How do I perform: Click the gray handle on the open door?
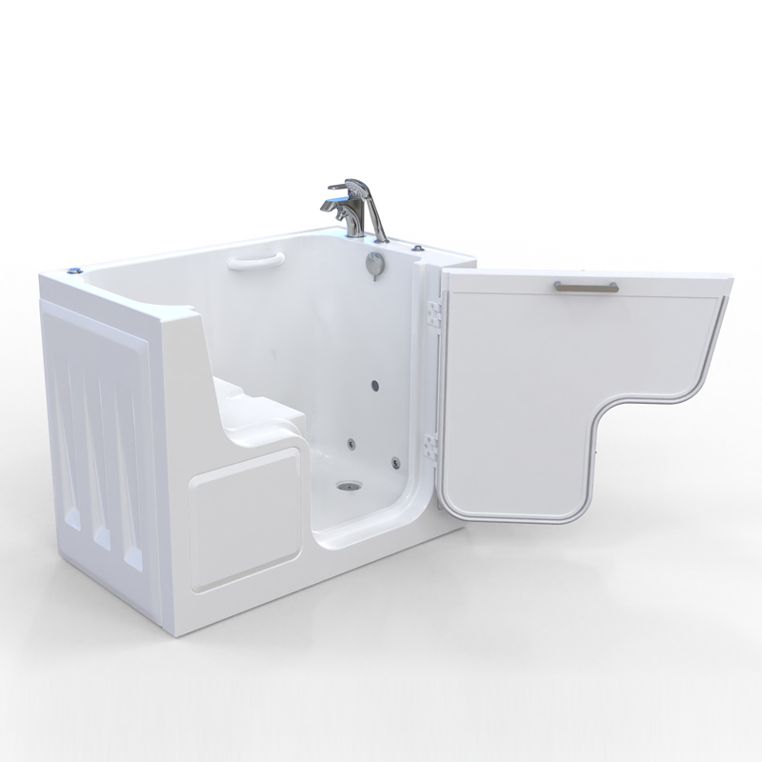(x=584, y=286)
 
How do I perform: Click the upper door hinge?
(x=433, y=313)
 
